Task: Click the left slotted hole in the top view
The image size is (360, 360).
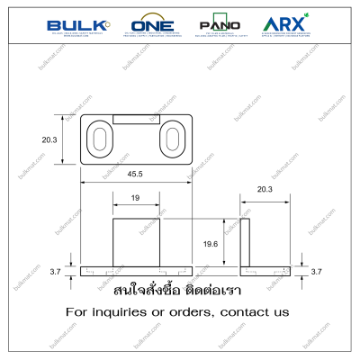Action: click(x=99, y=140)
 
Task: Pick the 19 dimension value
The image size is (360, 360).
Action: click(x=133, y=197)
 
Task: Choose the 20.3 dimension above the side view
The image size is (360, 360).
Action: click(x=265, y=190)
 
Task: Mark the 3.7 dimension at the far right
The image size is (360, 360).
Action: click(x=315, y=271)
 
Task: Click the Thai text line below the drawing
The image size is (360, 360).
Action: click(x=179, y=292)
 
